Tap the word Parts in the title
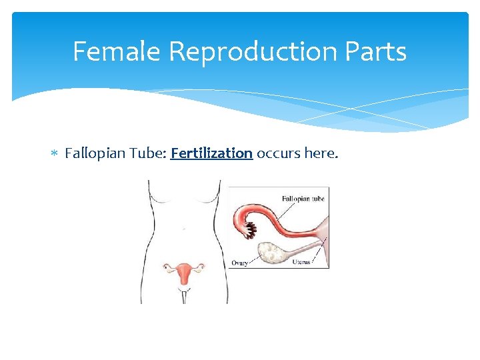[x=379, y=51]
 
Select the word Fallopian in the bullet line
[x=93, y=154]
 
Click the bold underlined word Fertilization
[x=211, y=154]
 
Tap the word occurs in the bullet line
[x=278, y=154]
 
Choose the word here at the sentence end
[x=321, y=154]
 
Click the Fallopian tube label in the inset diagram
[x=303, y=199]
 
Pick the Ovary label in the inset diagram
[x=240, y=263]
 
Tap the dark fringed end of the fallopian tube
[x=249, y=231]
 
